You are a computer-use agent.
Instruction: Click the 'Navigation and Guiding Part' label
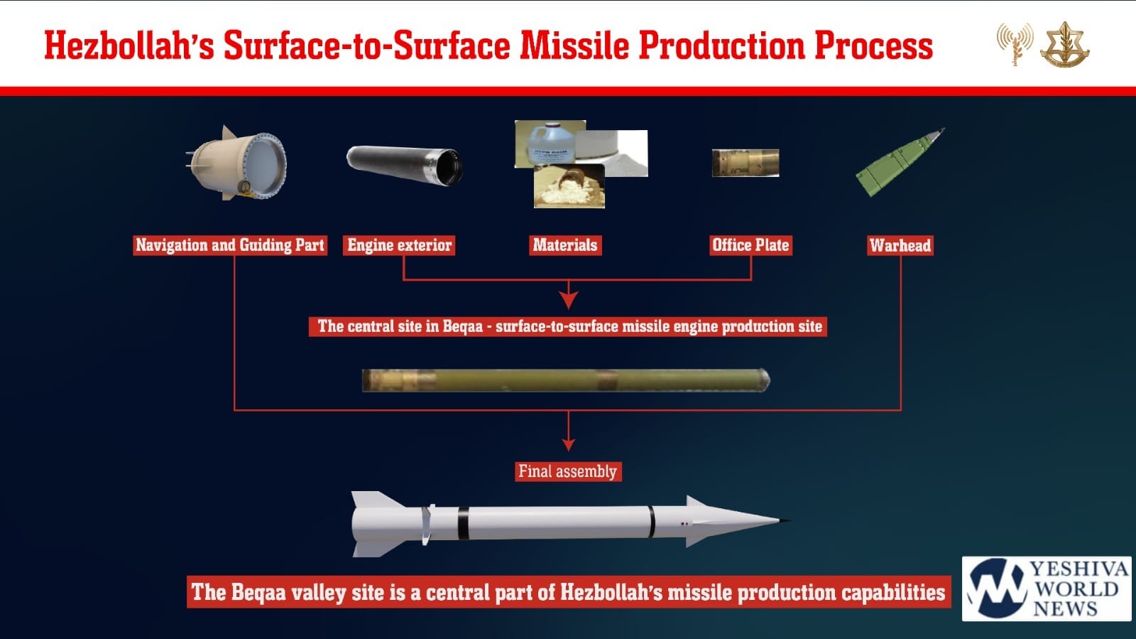(x=230, y=245)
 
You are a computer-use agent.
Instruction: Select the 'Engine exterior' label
(x=399, y=245)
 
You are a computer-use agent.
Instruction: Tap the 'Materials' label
(x=565, y=245)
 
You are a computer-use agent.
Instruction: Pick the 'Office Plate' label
(x=750, y=245)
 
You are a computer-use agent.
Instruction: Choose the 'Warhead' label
(x=900, y=246)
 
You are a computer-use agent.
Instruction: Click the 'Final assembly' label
(x=568, y=471)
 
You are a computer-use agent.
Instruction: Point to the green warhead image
(x=899, y=162)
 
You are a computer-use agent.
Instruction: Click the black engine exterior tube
(x=404, y=166)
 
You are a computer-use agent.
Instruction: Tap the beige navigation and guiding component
(x=236, y=163)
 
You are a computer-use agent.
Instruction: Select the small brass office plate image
(x=745, y=163)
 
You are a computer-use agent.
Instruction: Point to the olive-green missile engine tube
(x=566, y=381)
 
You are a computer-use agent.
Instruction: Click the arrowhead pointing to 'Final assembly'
(x=569, y=445)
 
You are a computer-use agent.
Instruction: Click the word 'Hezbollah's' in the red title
(x=129, y=45)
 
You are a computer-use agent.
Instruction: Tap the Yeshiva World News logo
(x=1047, y=589)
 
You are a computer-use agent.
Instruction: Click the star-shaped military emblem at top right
(x=1064, y=45)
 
